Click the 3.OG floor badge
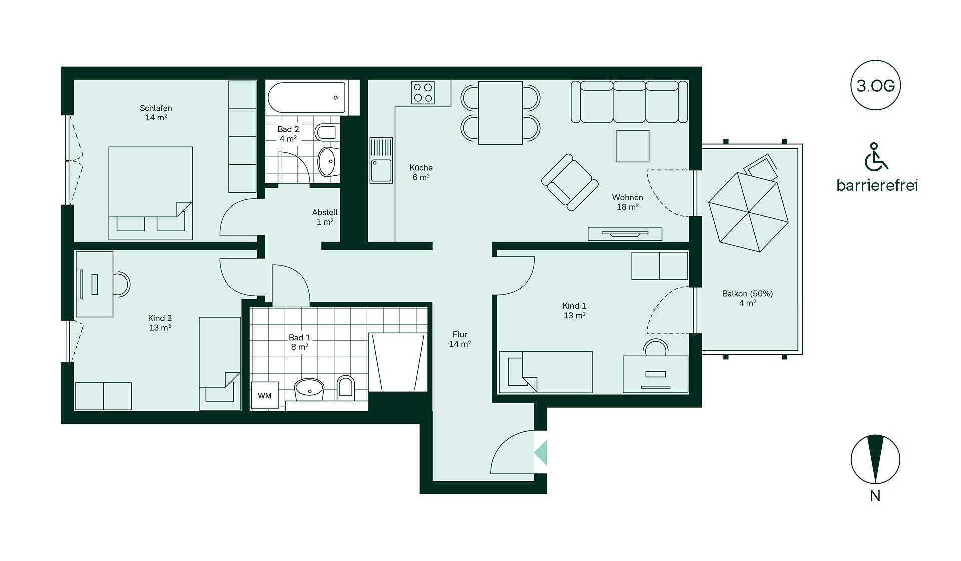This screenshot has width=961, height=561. pos(875,85)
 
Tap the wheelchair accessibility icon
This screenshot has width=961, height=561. pos(876,156)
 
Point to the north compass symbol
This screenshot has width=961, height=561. pos(875,459)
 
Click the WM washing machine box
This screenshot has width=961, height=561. pos(265,396)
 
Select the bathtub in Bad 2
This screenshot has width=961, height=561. pos(306,98)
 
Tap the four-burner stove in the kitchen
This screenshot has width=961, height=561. pos(423,93)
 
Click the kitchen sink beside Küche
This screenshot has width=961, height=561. pos(381,160)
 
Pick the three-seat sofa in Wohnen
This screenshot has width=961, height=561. pos(629,102)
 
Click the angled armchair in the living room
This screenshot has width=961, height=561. pos(570,182)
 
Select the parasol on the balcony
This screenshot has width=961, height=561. pos(748,212)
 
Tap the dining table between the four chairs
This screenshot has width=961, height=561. pos(500,113)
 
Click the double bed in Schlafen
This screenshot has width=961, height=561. pos(151,193)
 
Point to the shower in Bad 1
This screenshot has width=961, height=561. pos(398,362)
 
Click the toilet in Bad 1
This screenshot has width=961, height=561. pos(345,387)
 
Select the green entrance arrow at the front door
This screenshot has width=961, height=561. pos(541,452)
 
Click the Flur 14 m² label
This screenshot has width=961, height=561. pos(460,339)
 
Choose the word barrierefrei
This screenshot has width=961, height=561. pos(877,185)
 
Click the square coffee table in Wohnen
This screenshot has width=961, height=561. pos(633,146)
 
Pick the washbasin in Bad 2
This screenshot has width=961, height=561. pos(327,161)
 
